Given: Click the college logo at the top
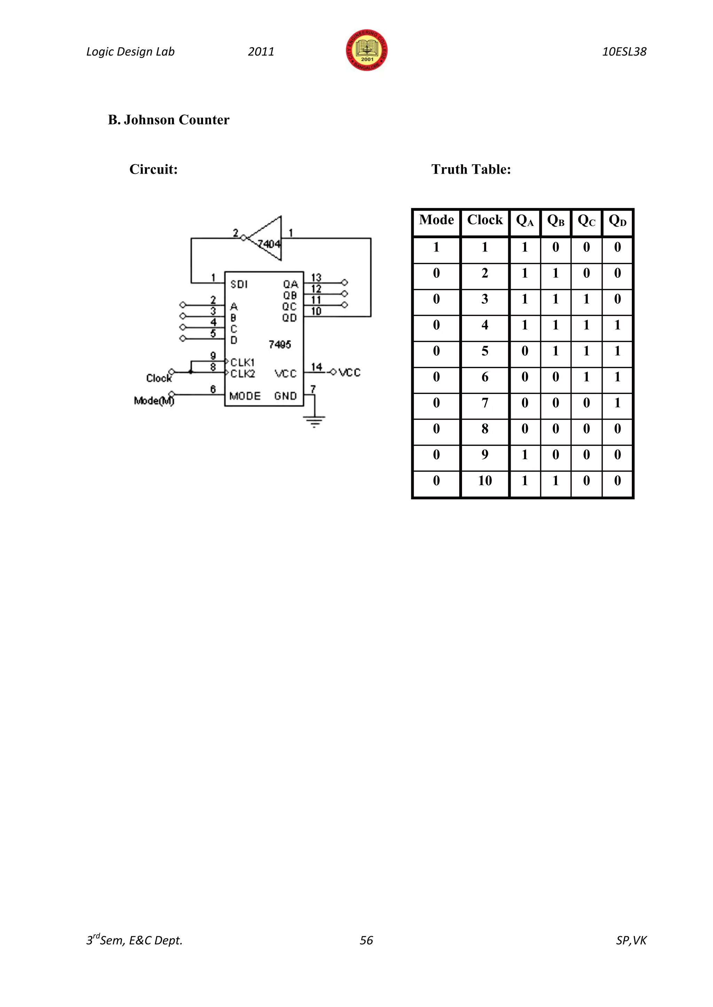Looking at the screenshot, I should (x=367, y=50).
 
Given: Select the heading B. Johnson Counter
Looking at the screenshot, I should (x=169, y=120).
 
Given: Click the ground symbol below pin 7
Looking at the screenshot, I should (x=314, y=421).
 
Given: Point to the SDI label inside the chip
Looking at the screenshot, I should (x=239, y=284).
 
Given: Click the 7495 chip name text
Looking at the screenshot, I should (x=280, y=344).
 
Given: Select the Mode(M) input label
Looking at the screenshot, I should (x=154, y=401).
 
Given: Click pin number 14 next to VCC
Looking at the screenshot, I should (x=316, y=366).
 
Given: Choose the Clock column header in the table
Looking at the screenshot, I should (x=485, y=220).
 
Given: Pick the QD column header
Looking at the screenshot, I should (x=617, y=220).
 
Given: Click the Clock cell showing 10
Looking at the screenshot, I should (x=485, y=481).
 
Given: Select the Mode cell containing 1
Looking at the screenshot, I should (x=436, y=247).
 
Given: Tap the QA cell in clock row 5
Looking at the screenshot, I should (x=525, y=351).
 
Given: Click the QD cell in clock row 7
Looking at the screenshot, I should (x=617, y=403).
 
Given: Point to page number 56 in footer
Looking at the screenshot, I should (x=366, y=940).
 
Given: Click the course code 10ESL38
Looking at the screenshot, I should (x=624, y=52).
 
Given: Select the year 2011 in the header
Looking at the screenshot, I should (x=261, y=52).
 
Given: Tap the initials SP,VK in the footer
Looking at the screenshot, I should (x=631, y=940).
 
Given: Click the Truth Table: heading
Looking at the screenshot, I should (x=471, y=169).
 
